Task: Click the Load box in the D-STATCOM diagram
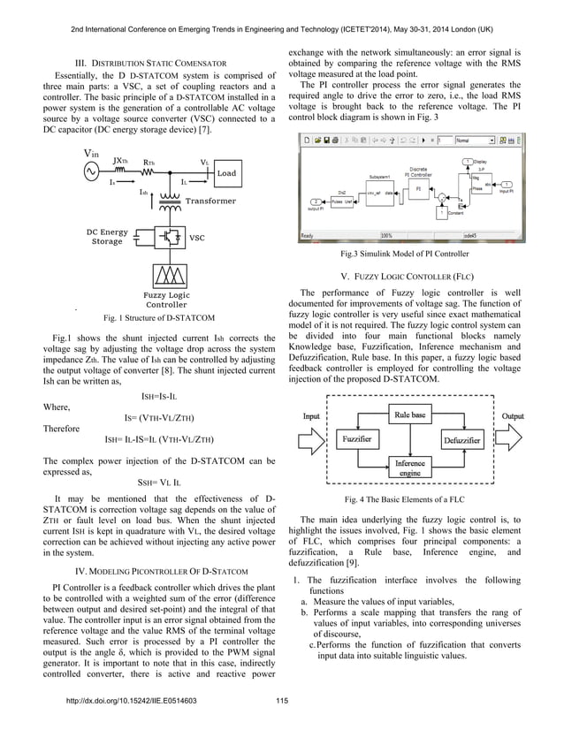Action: point(226,173)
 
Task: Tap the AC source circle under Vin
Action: point(92,172)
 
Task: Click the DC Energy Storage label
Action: point(108,236)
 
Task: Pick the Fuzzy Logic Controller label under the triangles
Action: point(166,300)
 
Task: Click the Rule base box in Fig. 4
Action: point(409,414)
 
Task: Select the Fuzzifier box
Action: point(351,439)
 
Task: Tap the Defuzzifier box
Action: point(462,439)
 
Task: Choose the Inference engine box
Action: point(409,468)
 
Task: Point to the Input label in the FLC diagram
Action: point(312,415)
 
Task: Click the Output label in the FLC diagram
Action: point(513,415)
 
